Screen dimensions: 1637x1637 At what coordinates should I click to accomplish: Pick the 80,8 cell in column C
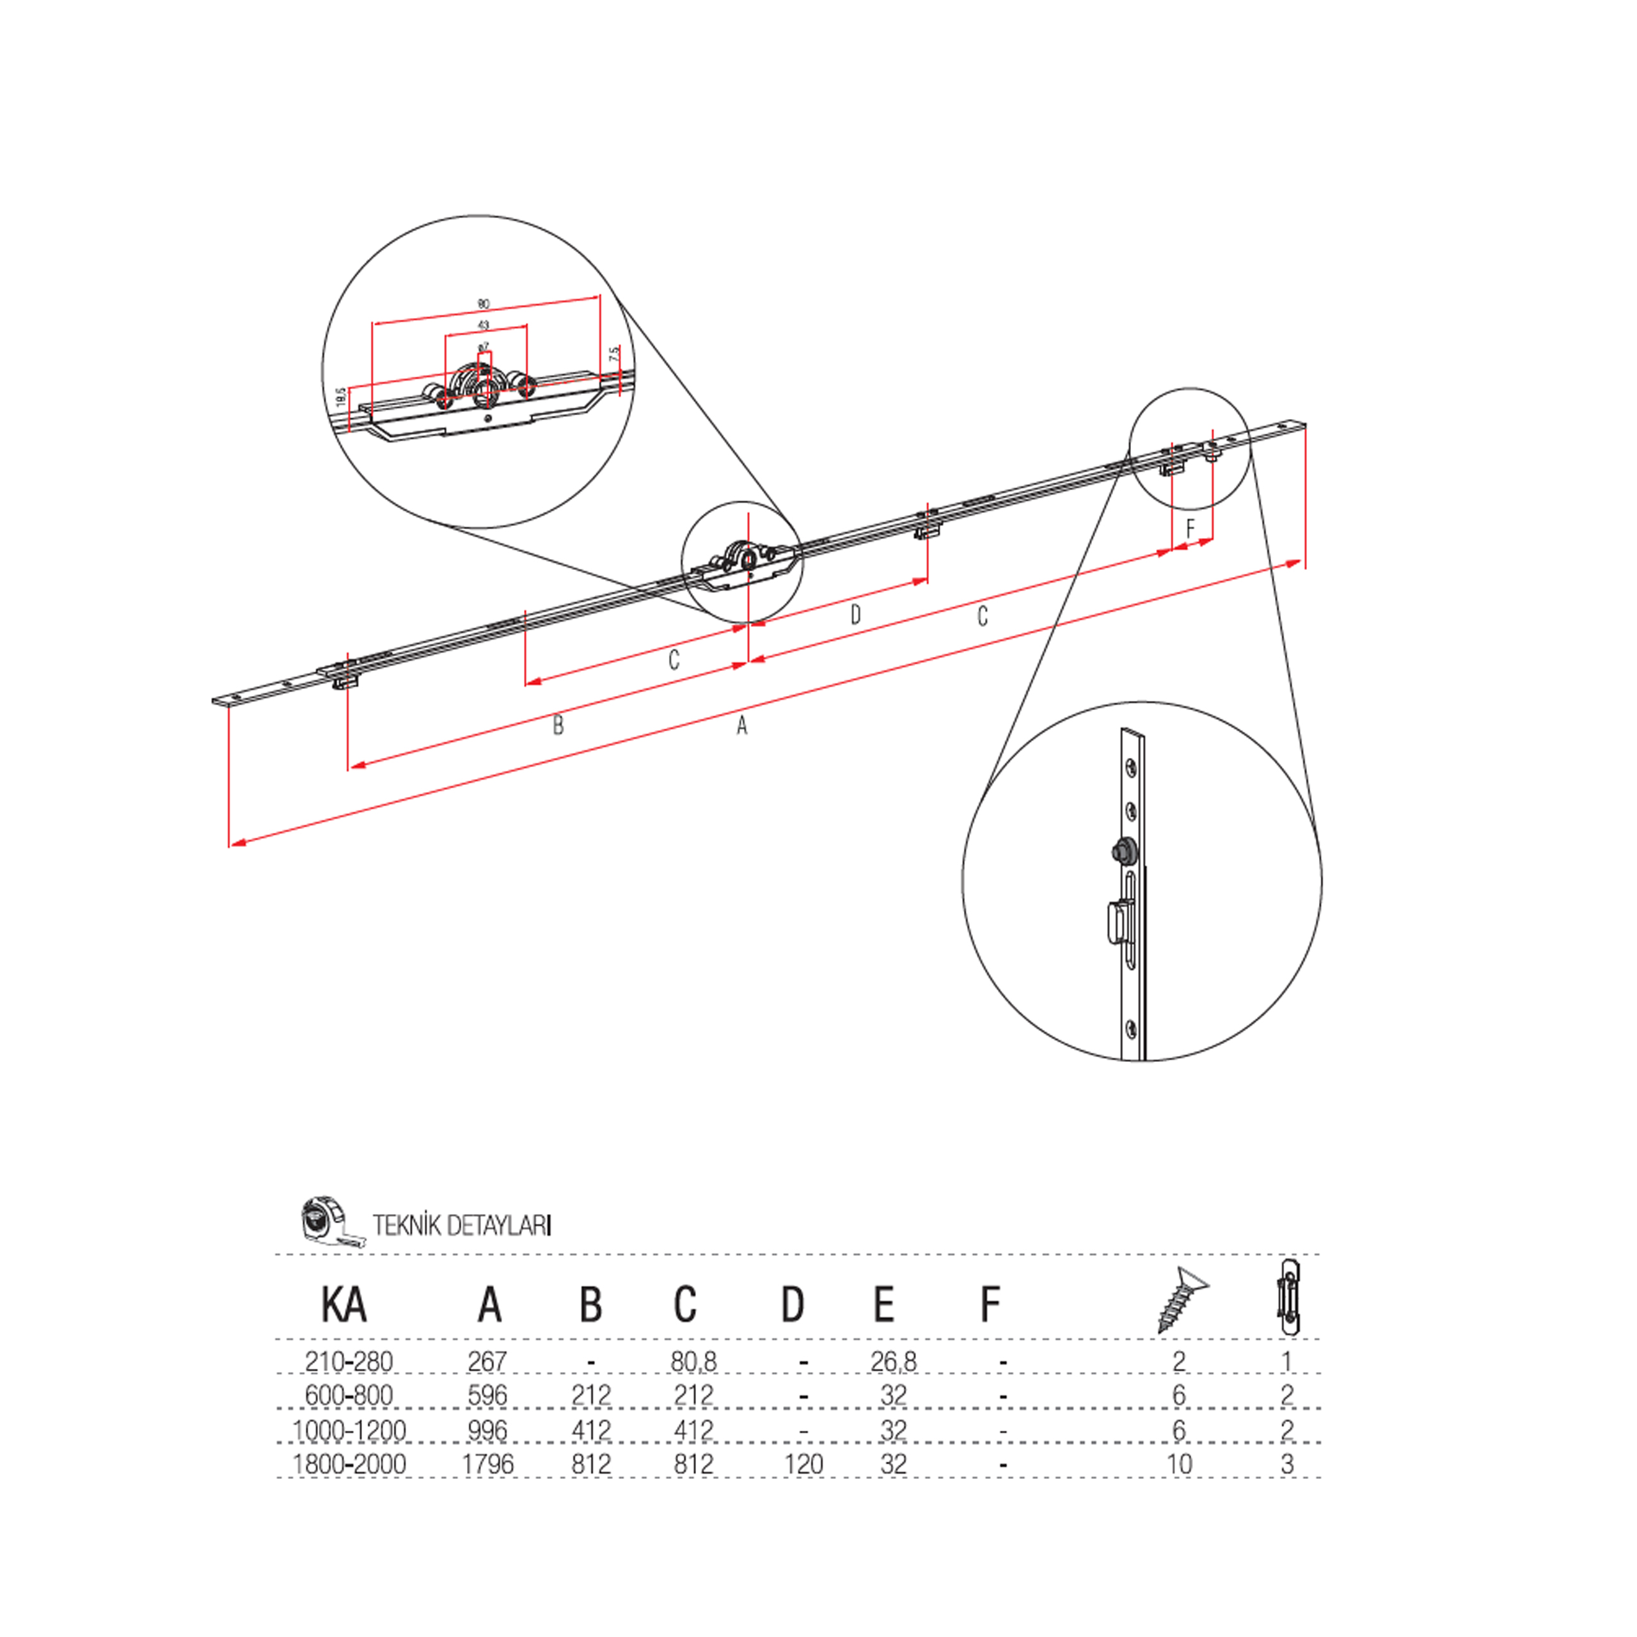click(693, 1362)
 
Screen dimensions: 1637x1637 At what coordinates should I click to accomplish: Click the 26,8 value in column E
click(893, 1362)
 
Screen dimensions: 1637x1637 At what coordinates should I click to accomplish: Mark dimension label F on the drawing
click(1190, 529)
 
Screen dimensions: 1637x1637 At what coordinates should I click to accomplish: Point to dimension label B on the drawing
click(558, 726)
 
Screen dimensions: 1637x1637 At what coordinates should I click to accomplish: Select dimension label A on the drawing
click(741, 726)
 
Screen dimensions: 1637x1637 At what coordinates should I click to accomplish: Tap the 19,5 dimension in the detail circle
click(340, 396)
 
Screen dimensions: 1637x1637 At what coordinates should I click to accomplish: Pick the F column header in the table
click(990, 1305)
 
